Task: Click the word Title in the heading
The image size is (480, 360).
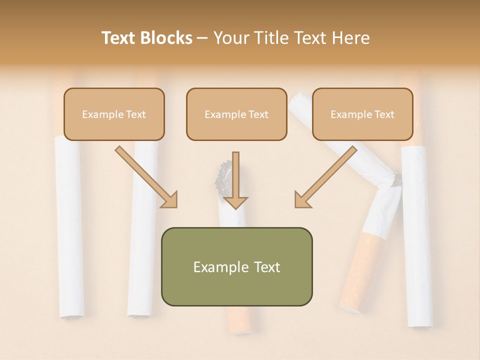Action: [271, 38]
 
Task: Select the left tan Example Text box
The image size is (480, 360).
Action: [114, 114]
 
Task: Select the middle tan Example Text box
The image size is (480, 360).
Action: [236, 114]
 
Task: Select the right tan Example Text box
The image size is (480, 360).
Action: [362, 114]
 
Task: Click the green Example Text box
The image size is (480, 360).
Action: [236, 266]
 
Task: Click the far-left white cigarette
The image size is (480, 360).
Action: [69, 225]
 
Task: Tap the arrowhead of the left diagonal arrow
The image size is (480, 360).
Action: [170, 200]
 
